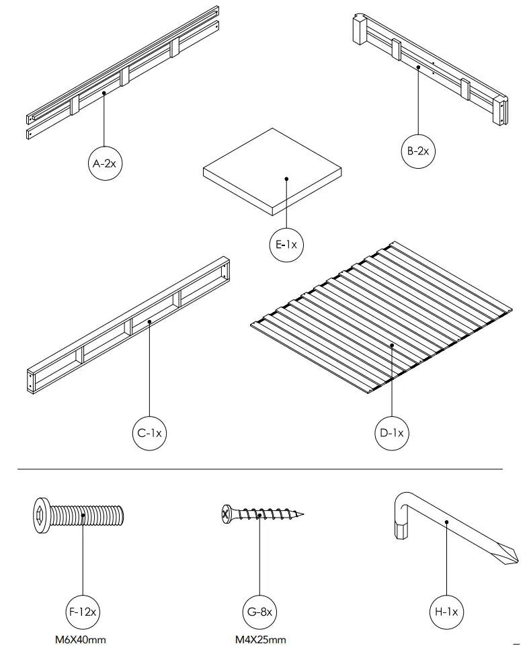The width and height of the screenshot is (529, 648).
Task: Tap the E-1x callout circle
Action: coord(286,245)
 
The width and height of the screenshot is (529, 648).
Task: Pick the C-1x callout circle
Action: coord(149,433)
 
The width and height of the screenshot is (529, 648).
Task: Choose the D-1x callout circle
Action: coord(392,433)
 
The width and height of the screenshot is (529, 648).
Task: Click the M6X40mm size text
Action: coord(81,640)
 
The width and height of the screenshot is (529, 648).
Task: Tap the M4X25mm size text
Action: coord(260,640)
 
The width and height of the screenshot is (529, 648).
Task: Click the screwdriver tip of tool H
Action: coord(512,555)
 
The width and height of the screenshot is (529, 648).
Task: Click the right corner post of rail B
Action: coord(501,111)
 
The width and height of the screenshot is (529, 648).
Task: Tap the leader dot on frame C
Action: coord(149,322)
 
